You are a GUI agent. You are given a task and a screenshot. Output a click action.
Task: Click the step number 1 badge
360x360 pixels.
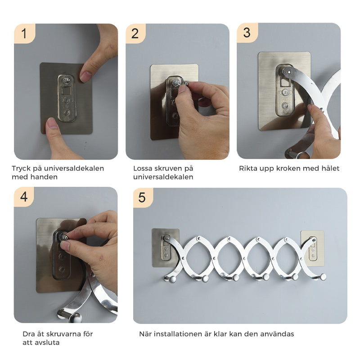(25, 33)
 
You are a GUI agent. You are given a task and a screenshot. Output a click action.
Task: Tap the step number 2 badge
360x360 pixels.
(135, 33)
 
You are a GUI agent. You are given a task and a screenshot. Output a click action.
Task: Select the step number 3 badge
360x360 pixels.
(247, 32)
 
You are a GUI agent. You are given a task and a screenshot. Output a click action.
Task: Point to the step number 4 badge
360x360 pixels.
(24, 197)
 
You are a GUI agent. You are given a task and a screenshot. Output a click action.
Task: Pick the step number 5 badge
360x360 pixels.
(143, 198)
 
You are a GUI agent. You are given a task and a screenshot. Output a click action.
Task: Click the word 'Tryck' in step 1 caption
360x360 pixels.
(21, 169)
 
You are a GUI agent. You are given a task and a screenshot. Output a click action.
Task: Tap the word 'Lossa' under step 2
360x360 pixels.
(143, 168)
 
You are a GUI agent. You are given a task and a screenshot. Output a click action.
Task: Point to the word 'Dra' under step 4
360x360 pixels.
(29, 334)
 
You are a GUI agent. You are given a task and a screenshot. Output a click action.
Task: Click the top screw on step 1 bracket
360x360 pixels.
(67, 81)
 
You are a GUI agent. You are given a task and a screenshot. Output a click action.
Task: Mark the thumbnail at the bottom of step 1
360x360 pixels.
(52, 124)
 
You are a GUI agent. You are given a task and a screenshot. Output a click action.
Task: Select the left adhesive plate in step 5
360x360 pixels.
(165, 247)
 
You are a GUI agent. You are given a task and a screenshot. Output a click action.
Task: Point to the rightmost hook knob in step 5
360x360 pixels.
(323, 277)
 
